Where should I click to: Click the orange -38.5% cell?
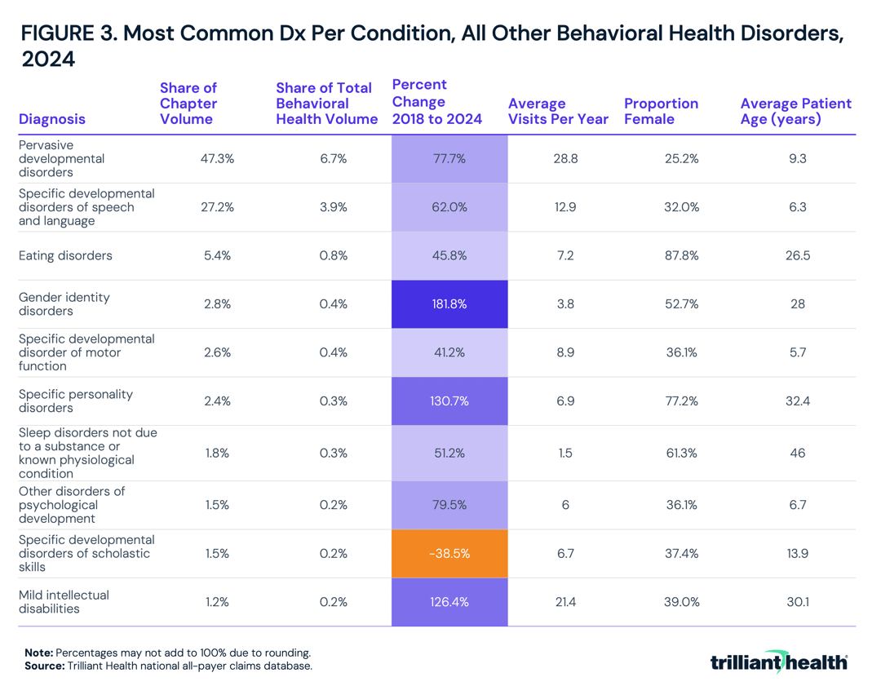[449, 553]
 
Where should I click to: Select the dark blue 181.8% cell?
[449, 304]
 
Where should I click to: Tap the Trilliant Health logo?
[778, 661]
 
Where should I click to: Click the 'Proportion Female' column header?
[661, 111]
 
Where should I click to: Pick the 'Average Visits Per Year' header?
[558, 111]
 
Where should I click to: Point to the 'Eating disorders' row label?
[65, 256]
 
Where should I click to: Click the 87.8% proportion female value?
[682, 256]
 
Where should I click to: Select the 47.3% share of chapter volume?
[217, 159]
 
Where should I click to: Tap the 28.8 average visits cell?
[565, 159]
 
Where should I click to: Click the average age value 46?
[798, 453]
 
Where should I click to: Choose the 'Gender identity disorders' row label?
[64, 304]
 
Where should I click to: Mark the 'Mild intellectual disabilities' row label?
[64, 602]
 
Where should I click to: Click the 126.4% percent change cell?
[449, 602]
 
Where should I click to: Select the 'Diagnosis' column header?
[51, 119]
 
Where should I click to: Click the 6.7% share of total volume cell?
[334, 159]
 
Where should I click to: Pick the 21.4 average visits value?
[565, 602]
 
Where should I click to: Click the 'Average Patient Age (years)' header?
[795, 111]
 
